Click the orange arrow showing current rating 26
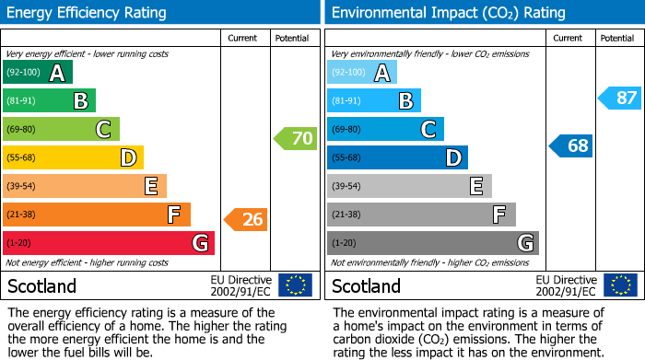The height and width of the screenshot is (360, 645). click(246, 219)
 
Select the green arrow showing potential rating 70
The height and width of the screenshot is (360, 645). click(295, 139)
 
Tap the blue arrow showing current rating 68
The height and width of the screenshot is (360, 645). click(571, 145)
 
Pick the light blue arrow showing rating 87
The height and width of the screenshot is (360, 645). click(619, 98)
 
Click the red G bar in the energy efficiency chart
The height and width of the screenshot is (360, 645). click(109, 243)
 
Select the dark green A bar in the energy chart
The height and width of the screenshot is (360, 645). click(38, 73)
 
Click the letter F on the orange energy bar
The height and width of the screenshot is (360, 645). click(173, 215)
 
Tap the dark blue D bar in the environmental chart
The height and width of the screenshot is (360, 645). click(397, 158)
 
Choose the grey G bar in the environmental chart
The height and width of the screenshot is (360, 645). click(432, 243)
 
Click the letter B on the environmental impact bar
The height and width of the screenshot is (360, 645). click(405, 101)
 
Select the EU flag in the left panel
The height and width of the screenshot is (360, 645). click(295, 285)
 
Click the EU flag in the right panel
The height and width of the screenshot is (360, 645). click(619, 285)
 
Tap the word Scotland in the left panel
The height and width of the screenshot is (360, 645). click(42, 286)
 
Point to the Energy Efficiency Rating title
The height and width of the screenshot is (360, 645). click(87, 13)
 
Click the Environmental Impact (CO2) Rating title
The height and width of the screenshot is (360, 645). click(448, 13)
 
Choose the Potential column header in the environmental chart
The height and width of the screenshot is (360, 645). click(617, 39)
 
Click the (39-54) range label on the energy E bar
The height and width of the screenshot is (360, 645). click(22, 187)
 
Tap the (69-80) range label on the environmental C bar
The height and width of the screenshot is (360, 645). click(346, 130)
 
